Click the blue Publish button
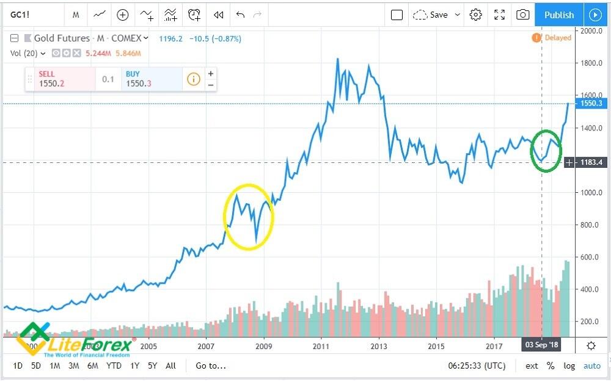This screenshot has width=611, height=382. [x=558, y=15]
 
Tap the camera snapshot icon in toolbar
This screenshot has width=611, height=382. [x=522, y=15]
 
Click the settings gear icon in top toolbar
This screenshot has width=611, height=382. [x=476, y=15]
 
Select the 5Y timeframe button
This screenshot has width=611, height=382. [x=153, y=366]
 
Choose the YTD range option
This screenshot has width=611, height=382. [x=114, y=366]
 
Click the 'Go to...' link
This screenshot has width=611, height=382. [x=210, y=366]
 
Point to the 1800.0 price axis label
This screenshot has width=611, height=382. [x=591, y=63]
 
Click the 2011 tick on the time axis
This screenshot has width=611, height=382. [x=321, y=345]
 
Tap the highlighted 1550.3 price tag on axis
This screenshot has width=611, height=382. [x=591, y=104]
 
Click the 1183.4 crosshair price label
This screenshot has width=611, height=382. [x=591, y=162]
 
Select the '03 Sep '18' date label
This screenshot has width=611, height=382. [x=542, y=345]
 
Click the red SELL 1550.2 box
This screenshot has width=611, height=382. [x=60, y=79]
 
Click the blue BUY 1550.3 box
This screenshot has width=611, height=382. [x=152, y=79]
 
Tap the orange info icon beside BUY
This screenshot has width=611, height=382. [x=193, y=79]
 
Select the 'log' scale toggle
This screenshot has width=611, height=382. [x=569, y=366]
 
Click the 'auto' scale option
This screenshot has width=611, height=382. [x=591, y=366]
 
